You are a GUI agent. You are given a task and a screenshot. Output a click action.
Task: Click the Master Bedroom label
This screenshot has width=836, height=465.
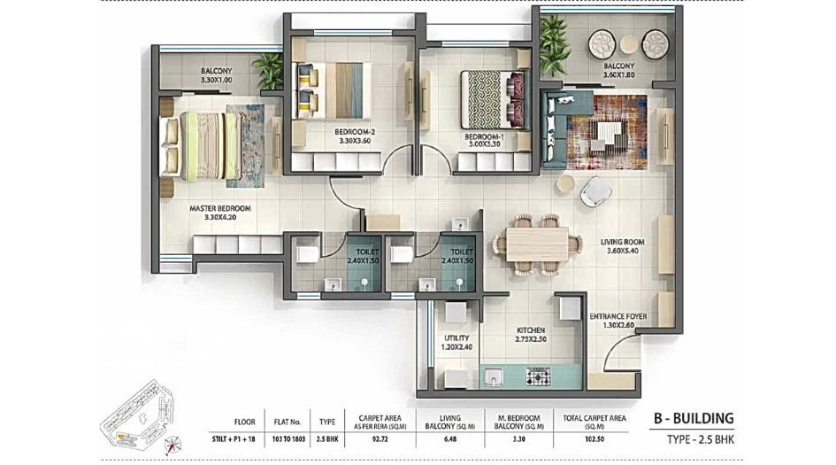[x=220, y=213]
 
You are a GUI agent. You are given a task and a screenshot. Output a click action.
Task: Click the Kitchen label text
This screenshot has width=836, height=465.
[x=531, y=333]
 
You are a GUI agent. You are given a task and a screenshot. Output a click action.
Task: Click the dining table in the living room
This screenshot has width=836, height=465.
[x=536, y=243]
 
